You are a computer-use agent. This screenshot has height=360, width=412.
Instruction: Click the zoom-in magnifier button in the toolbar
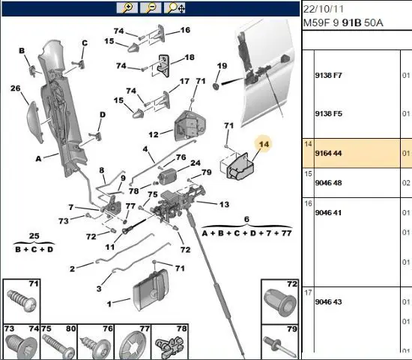pos(127,7)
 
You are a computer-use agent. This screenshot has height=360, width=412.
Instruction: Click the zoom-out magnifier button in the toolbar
pos(151,7)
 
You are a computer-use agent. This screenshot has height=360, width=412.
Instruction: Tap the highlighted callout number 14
pos(264,144)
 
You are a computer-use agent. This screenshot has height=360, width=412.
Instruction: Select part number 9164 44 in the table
pos(328,153)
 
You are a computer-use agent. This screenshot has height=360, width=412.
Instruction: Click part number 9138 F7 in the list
pos(328,76)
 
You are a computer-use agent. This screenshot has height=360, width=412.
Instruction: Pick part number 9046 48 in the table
pos(328,183)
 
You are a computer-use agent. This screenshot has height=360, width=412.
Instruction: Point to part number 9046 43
pos(328,301)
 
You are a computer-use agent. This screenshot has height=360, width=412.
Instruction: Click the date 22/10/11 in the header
pos(324,9)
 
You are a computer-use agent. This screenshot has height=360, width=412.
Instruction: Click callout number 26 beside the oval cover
pos(16,88)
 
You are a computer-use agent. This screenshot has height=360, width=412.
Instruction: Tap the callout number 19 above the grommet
pos(222,66)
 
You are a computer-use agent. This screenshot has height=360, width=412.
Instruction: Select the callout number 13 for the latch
pos(224,205)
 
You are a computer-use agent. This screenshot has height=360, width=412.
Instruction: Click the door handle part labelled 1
pos(151,289)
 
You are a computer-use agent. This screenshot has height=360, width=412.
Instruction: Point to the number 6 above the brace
pos(246,219)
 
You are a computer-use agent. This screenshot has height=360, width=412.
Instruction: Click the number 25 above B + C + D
pos(34,235)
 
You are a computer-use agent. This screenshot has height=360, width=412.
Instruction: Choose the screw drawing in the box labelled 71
pos(22,301)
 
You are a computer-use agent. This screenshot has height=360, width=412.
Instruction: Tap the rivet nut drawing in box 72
pos(279,302)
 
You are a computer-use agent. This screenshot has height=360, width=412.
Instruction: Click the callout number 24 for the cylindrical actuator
pos(196,163)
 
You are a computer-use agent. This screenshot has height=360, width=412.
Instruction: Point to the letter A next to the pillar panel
pos(38,159)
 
